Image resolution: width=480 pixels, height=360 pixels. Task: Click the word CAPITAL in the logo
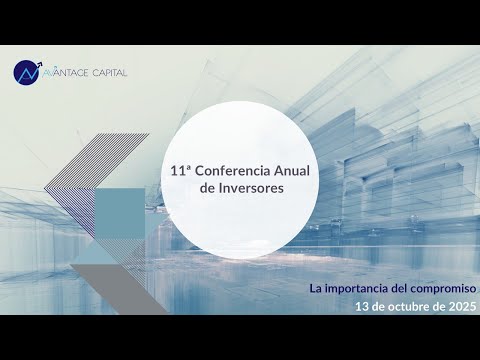pos(106,73)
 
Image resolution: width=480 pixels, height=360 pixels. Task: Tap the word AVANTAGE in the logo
pos(66,73)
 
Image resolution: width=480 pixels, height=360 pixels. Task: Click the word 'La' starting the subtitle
pos(316,289)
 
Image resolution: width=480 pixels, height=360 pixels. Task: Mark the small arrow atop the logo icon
pos(40,64)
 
